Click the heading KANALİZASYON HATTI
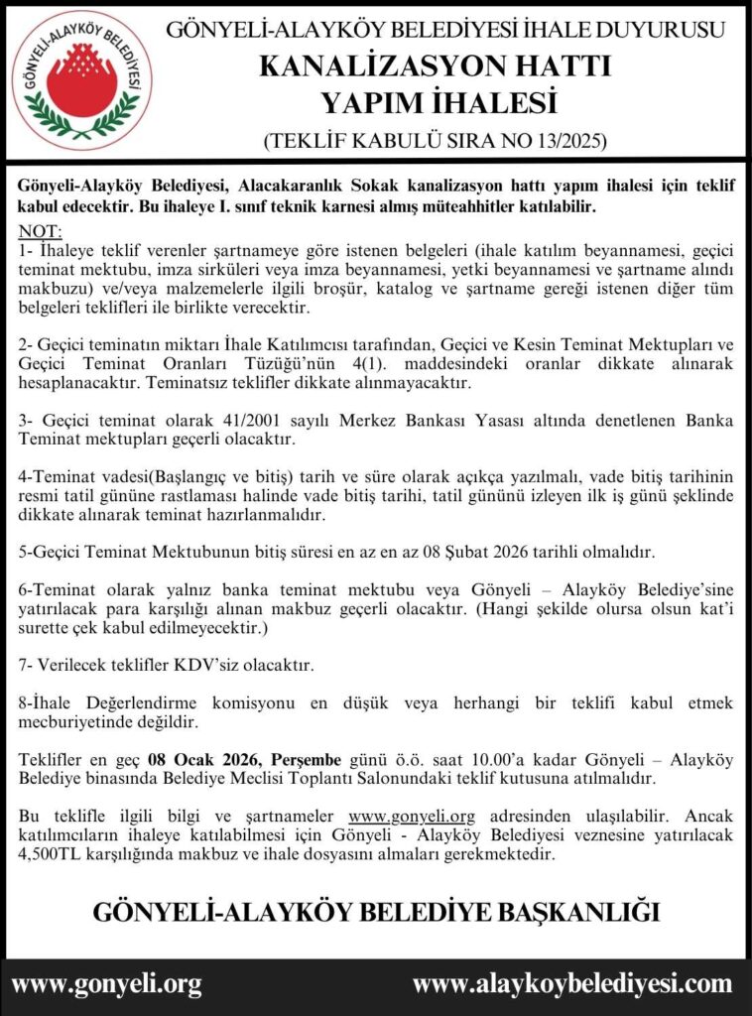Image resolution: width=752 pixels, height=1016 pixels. (x=435, y=66)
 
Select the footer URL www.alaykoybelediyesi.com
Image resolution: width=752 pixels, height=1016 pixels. (x=571, y=984)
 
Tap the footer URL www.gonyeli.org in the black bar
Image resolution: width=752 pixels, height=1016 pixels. (x=106, y=984)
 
